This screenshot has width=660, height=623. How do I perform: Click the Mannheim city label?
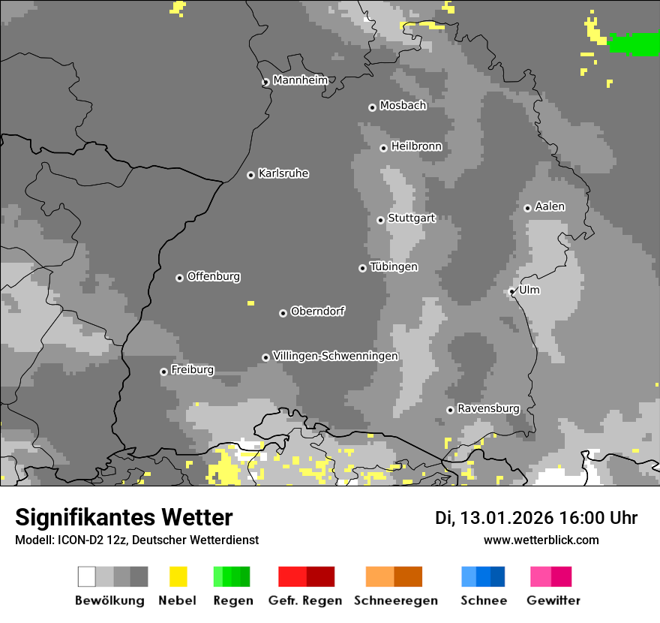click(300, 80)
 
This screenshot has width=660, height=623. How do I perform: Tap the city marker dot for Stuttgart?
click(380, 220)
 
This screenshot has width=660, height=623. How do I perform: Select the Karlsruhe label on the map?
click(283, 173)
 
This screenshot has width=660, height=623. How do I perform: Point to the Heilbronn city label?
click(416, 146)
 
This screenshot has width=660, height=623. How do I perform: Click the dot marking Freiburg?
click(163, 372)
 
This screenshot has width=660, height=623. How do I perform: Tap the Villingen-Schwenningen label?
click(335, 356)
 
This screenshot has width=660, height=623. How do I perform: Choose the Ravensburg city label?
click(488, 408)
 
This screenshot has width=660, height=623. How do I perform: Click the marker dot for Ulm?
click(511, 291)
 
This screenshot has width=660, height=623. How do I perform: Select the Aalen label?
click(550, 206)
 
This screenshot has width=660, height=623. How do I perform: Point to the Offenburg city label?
click(213, 276)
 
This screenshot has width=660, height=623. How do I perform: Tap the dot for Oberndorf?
click(283, 313)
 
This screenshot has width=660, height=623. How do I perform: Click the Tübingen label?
click(394, 266)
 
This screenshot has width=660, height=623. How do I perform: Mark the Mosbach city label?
click(403, 106)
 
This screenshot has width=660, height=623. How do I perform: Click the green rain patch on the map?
click(634, 44)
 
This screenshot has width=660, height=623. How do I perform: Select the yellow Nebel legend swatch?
click(178, 576)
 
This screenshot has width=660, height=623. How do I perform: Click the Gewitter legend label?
click(553, 600)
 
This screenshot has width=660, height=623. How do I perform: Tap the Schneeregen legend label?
click(395, 600)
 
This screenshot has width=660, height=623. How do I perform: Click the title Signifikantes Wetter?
click(124, 517)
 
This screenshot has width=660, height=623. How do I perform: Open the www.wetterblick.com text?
click(541, 540)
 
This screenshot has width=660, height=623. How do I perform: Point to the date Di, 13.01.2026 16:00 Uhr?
click(535, 518)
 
